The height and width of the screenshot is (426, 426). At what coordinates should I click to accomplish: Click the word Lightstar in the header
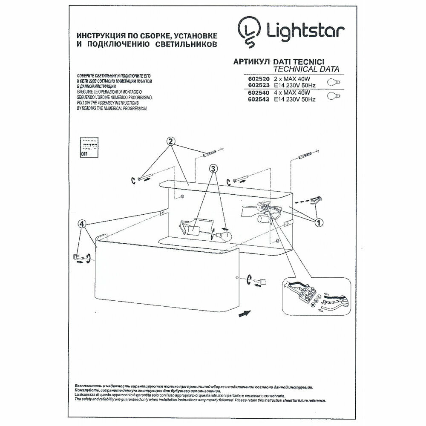tap(306, 31)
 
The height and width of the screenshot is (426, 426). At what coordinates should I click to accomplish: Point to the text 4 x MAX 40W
tap(290, 92)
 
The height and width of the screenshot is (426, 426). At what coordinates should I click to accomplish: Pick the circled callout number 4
tap(83, 224)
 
